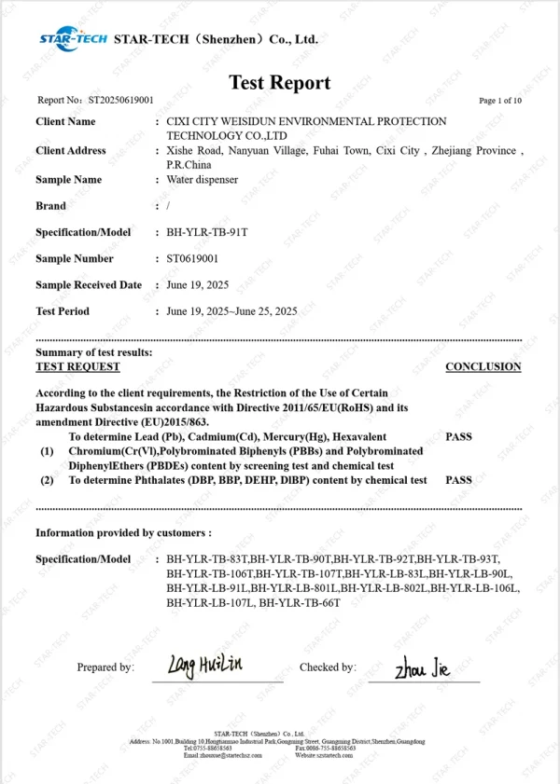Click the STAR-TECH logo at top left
(73, 38)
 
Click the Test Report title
(280, 82)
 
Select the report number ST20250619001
(120, 101)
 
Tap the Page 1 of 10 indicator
(500, 101)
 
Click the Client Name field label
(65, 122)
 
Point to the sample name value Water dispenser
(202, 179)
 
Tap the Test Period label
(63, 310)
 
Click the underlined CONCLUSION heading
(483, 366)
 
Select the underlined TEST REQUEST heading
(71, 366)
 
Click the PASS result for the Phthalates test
(459, 480)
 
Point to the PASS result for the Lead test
(459, 435)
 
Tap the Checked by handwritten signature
(423, 667)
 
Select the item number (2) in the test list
(47, 480)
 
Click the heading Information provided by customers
(123, 532)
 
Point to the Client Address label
(71, 151)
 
